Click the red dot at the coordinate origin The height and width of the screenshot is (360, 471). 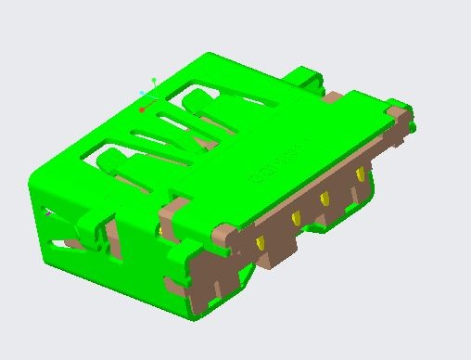point(142,109)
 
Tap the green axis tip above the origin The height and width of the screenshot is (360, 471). point(154,80)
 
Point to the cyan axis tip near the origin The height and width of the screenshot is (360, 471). point(142,93)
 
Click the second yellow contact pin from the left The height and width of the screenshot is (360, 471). point(296,218)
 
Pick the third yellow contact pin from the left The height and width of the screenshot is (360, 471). point(325,198)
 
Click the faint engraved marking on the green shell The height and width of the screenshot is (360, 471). point(269,171)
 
